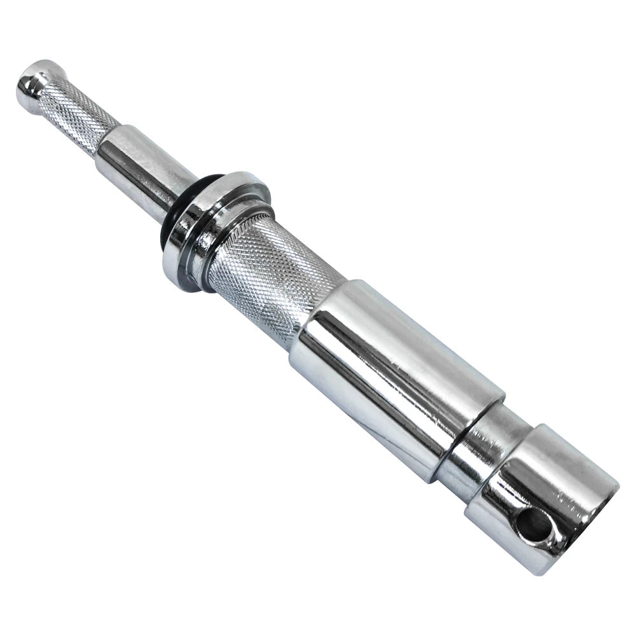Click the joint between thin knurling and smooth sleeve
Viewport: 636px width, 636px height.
108,140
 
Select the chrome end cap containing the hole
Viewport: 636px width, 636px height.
547,496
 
